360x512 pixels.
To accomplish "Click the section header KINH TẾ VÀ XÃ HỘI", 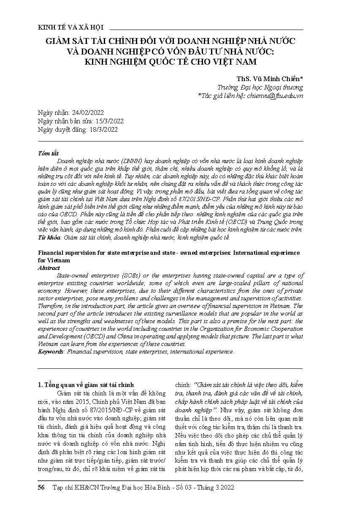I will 70,28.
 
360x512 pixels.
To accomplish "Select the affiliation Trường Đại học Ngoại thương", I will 260,87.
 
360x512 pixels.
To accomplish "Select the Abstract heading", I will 49,268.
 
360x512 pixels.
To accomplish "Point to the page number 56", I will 41,487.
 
